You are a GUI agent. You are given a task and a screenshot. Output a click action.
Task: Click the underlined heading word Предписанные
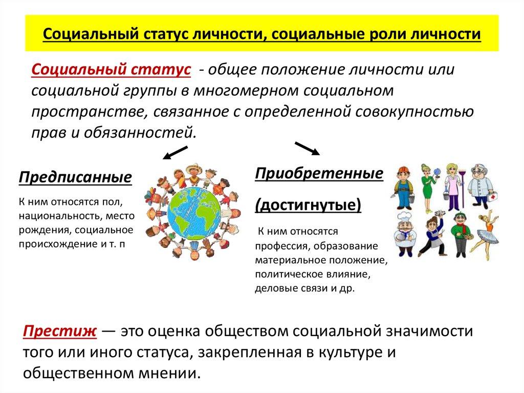(76, 178)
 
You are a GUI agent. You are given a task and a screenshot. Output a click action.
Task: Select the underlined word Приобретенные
(319, 173)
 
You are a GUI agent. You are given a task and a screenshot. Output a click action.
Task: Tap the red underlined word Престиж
(59, 331)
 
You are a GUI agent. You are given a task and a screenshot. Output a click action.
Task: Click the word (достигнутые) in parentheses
(308, 205)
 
